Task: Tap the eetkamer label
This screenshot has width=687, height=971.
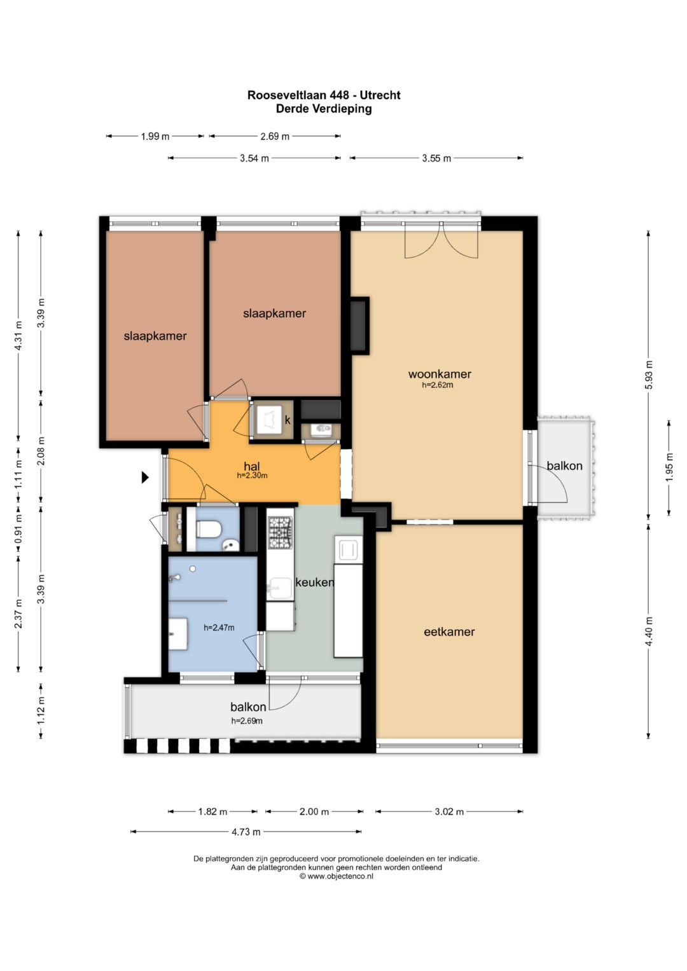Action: tap(449, 631)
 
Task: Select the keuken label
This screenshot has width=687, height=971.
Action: tap(314, 582)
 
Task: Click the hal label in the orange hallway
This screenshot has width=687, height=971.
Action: tap(251, 467)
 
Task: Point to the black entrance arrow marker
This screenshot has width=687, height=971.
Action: tap(145, 478)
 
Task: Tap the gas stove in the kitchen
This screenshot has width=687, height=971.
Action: tap(280, 532)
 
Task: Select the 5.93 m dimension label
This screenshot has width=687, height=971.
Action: tap(649, 375)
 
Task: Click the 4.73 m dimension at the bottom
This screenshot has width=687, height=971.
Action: tap(246, 831)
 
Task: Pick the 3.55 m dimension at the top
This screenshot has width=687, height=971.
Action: tap(436, 158)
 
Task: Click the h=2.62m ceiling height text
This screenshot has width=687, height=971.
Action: tap(437, 385)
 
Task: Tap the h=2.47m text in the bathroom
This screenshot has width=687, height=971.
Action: tap(219, 627)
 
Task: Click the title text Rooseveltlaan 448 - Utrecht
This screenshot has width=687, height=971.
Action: tap(324, 95)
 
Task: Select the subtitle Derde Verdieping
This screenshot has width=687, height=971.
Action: tap(324, 108)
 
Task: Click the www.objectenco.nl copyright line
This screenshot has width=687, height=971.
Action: tap(336, 876)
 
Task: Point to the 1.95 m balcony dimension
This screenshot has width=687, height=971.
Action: tap(669, 467)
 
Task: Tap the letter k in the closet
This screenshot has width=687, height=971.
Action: tap(288, 420)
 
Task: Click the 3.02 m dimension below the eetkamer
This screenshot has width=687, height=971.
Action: tap(449, 811)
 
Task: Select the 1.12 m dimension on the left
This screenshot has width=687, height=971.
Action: tap(41, 710)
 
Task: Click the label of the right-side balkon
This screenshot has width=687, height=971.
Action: tap(564, 466)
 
